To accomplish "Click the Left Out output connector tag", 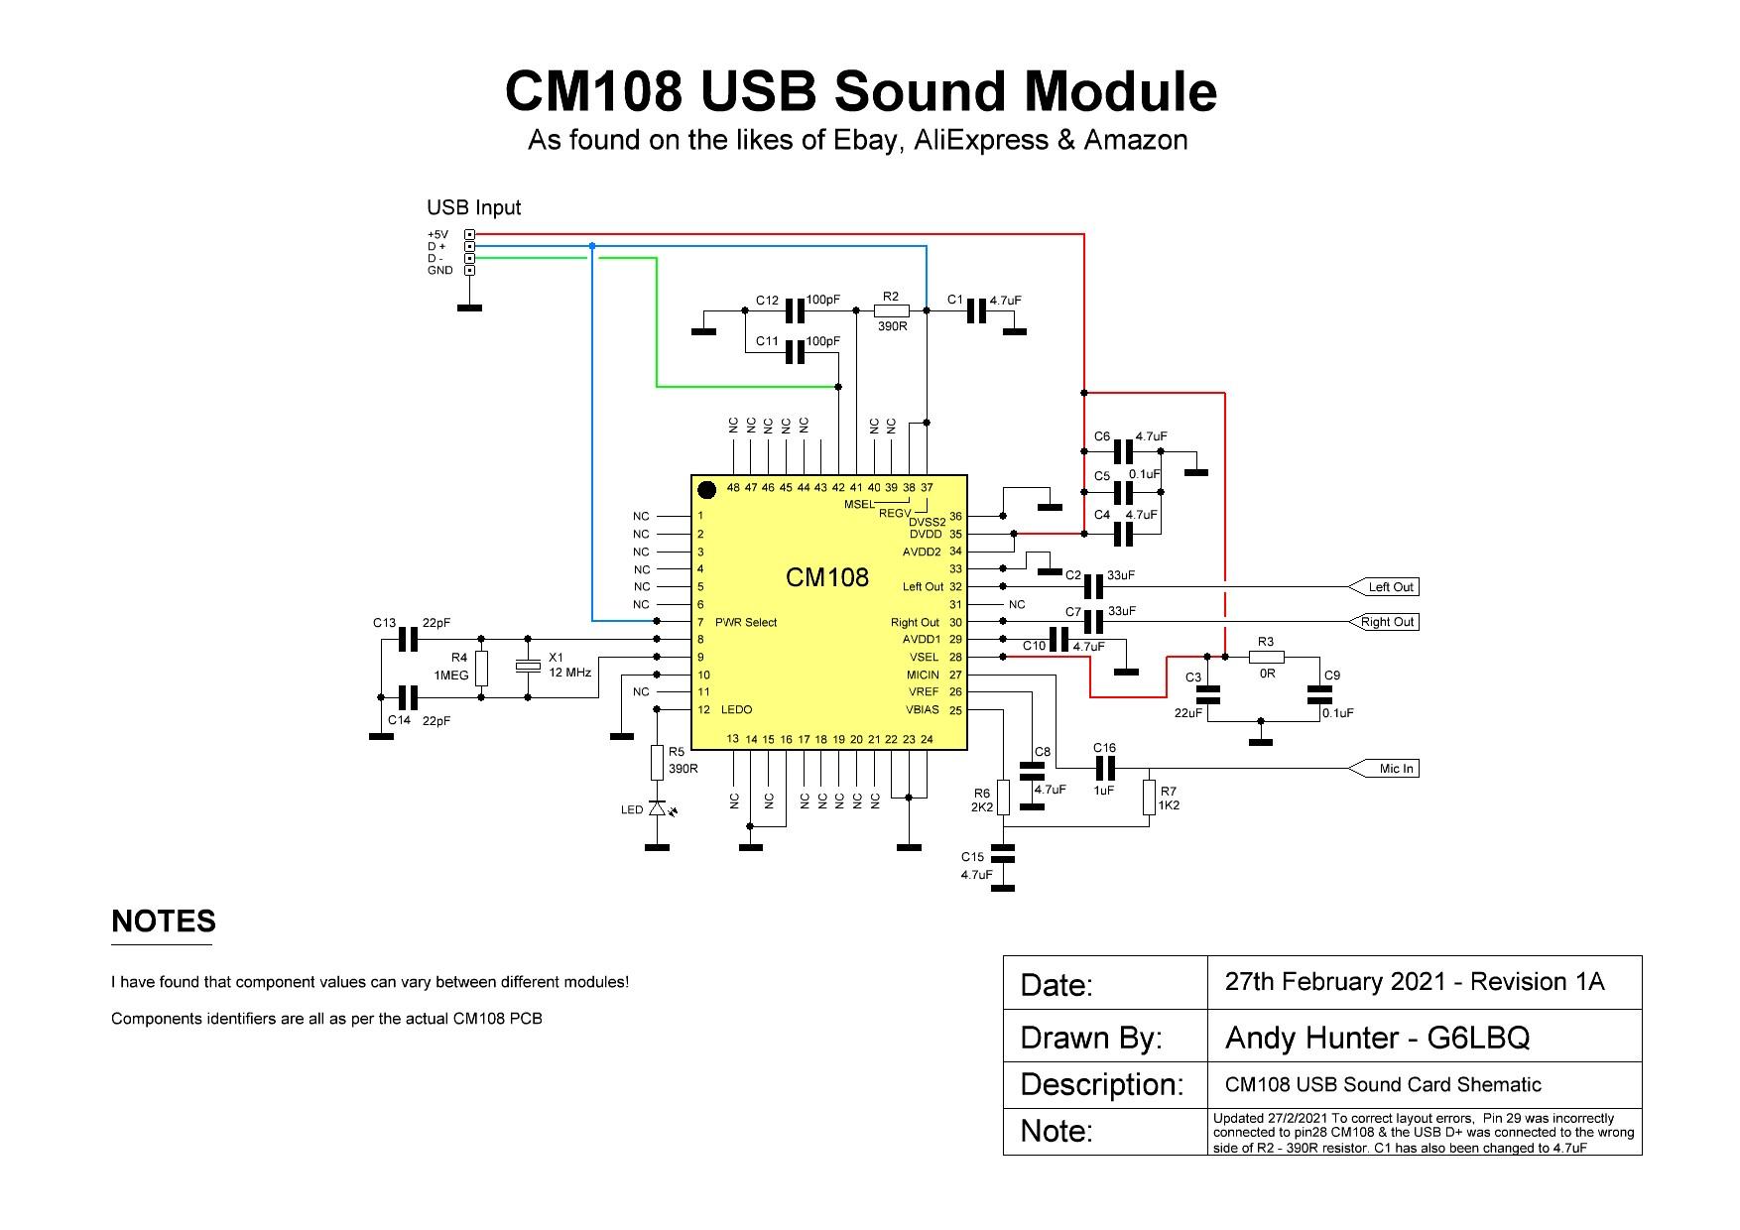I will [x=1385, y=587].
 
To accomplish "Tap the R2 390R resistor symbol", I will [x=891, y=310].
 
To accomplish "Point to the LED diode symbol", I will [x=657, y=809].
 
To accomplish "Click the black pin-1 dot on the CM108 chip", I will [x=706, y=489].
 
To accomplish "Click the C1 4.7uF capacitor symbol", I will [x=977, y=310].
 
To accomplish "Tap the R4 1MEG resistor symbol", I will [x=481, y=668].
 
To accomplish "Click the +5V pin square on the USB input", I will [x=469, y=235].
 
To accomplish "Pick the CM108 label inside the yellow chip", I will [x=826, y=577].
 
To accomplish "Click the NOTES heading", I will [x=164, y=922].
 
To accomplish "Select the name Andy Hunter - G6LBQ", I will [x=1377, y=1038].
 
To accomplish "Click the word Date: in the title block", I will [x=1056, y=985].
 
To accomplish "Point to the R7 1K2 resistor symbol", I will [x=1149, y=797].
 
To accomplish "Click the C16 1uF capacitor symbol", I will [x=1105, y=768].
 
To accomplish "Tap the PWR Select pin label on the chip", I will [x=745, y=623].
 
